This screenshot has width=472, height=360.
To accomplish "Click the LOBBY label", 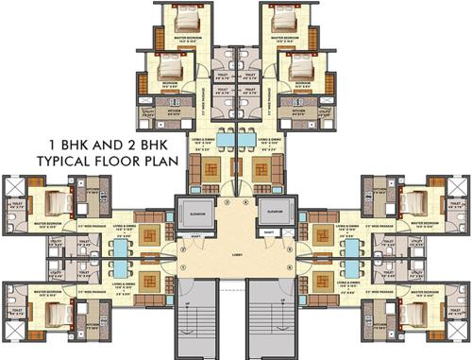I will click(x=236, y=253).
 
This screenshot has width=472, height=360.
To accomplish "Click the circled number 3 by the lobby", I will click(x=227, y=201).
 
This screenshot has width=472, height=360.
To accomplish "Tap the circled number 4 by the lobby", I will click(x=244, y=201).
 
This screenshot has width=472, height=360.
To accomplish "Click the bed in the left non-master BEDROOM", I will click(x=169, y=69).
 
